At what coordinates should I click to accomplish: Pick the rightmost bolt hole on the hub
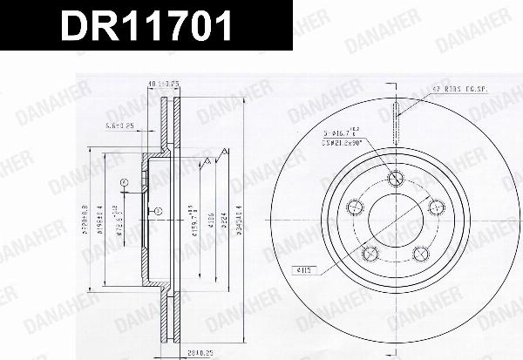tap(436, 206)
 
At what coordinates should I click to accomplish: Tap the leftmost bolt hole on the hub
tap(355, 207)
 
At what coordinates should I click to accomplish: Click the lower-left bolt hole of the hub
tap(370, 255)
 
